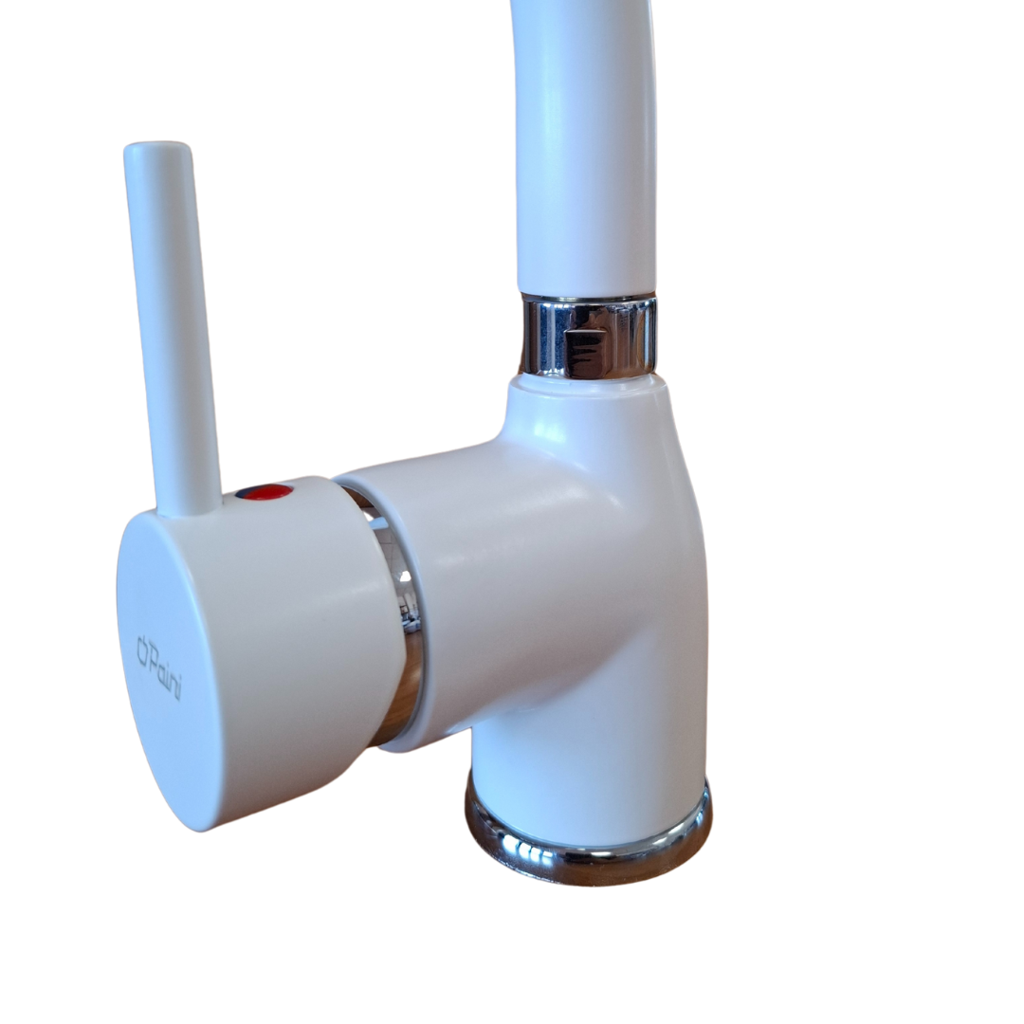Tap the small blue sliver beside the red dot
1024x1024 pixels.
pos(243,493)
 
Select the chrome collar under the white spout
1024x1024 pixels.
pos(589,337)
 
